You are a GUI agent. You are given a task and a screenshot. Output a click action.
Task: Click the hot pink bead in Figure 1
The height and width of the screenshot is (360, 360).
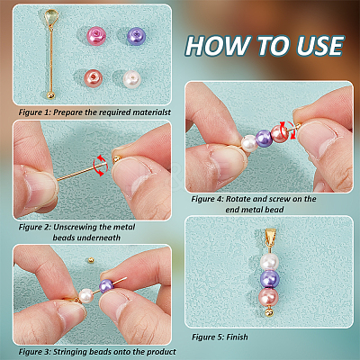[96, 35]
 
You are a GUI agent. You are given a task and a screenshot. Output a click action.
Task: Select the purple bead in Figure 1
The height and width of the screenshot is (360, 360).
[136, 36]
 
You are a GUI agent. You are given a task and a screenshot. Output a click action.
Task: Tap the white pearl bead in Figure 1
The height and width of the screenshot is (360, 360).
[132, 79]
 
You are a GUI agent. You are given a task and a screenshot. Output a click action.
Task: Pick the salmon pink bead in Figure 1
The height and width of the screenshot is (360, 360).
[94, 77]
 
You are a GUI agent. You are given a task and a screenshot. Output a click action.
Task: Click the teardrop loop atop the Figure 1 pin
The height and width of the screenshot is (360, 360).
[52, 17]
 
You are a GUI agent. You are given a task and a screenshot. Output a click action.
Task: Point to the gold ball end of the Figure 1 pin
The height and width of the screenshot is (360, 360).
[51, 95]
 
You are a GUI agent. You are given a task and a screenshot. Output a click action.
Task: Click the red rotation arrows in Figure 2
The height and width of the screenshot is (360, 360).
[99, 166]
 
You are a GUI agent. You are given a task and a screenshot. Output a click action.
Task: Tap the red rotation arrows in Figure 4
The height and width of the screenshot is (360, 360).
[287, 130]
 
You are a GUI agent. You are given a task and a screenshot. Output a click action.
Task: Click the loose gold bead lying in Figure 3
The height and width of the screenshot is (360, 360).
[90, 260]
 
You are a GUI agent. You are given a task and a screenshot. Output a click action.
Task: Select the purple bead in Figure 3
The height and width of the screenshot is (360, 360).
[106, 286]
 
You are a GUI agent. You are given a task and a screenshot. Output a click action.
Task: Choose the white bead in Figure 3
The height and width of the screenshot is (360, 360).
[86, 296]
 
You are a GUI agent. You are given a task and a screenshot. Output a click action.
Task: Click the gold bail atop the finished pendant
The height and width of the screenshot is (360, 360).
[270, 236]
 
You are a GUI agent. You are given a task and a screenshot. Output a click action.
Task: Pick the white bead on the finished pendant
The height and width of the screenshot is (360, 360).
[269, 262]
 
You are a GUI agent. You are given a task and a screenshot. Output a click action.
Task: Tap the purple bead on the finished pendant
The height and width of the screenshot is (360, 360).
[269, 279]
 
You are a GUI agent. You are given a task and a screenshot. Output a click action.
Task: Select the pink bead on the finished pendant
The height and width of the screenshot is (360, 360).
[268, 297]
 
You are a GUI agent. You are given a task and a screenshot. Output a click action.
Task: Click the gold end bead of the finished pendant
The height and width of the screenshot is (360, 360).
[269, 312]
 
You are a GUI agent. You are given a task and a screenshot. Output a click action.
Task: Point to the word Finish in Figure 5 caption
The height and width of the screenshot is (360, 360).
[237, 337]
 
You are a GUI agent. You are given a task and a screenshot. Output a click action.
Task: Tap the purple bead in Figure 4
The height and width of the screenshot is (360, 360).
[264, 138]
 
